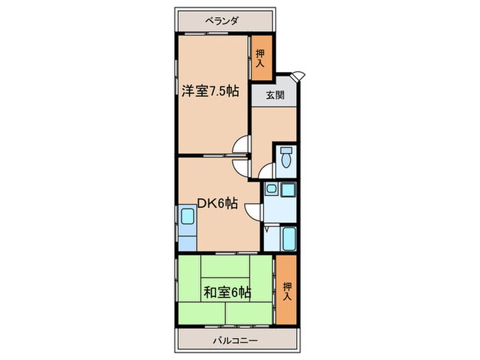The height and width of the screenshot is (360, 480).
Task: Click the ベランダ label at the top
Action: coord(221,21)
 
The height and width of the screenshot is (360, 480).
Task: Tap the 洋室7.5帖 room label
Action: coord(210,91)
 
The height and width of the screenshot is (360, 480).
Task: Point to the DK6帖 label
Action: coord(217,203)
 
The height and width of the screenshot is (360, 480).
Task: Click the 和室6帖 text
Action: coord(226,293)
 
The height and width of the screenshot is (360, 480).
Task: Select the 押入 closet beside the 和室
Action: coord(287,289)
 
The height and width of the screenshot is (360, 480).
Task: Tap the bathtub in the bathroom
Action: coord(288,239)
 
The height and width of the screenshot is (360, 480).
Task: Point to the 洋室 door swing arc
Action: coord(241,145)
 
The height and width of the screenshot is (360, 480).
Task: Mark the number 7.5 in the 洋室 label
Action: coord(218,91)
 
